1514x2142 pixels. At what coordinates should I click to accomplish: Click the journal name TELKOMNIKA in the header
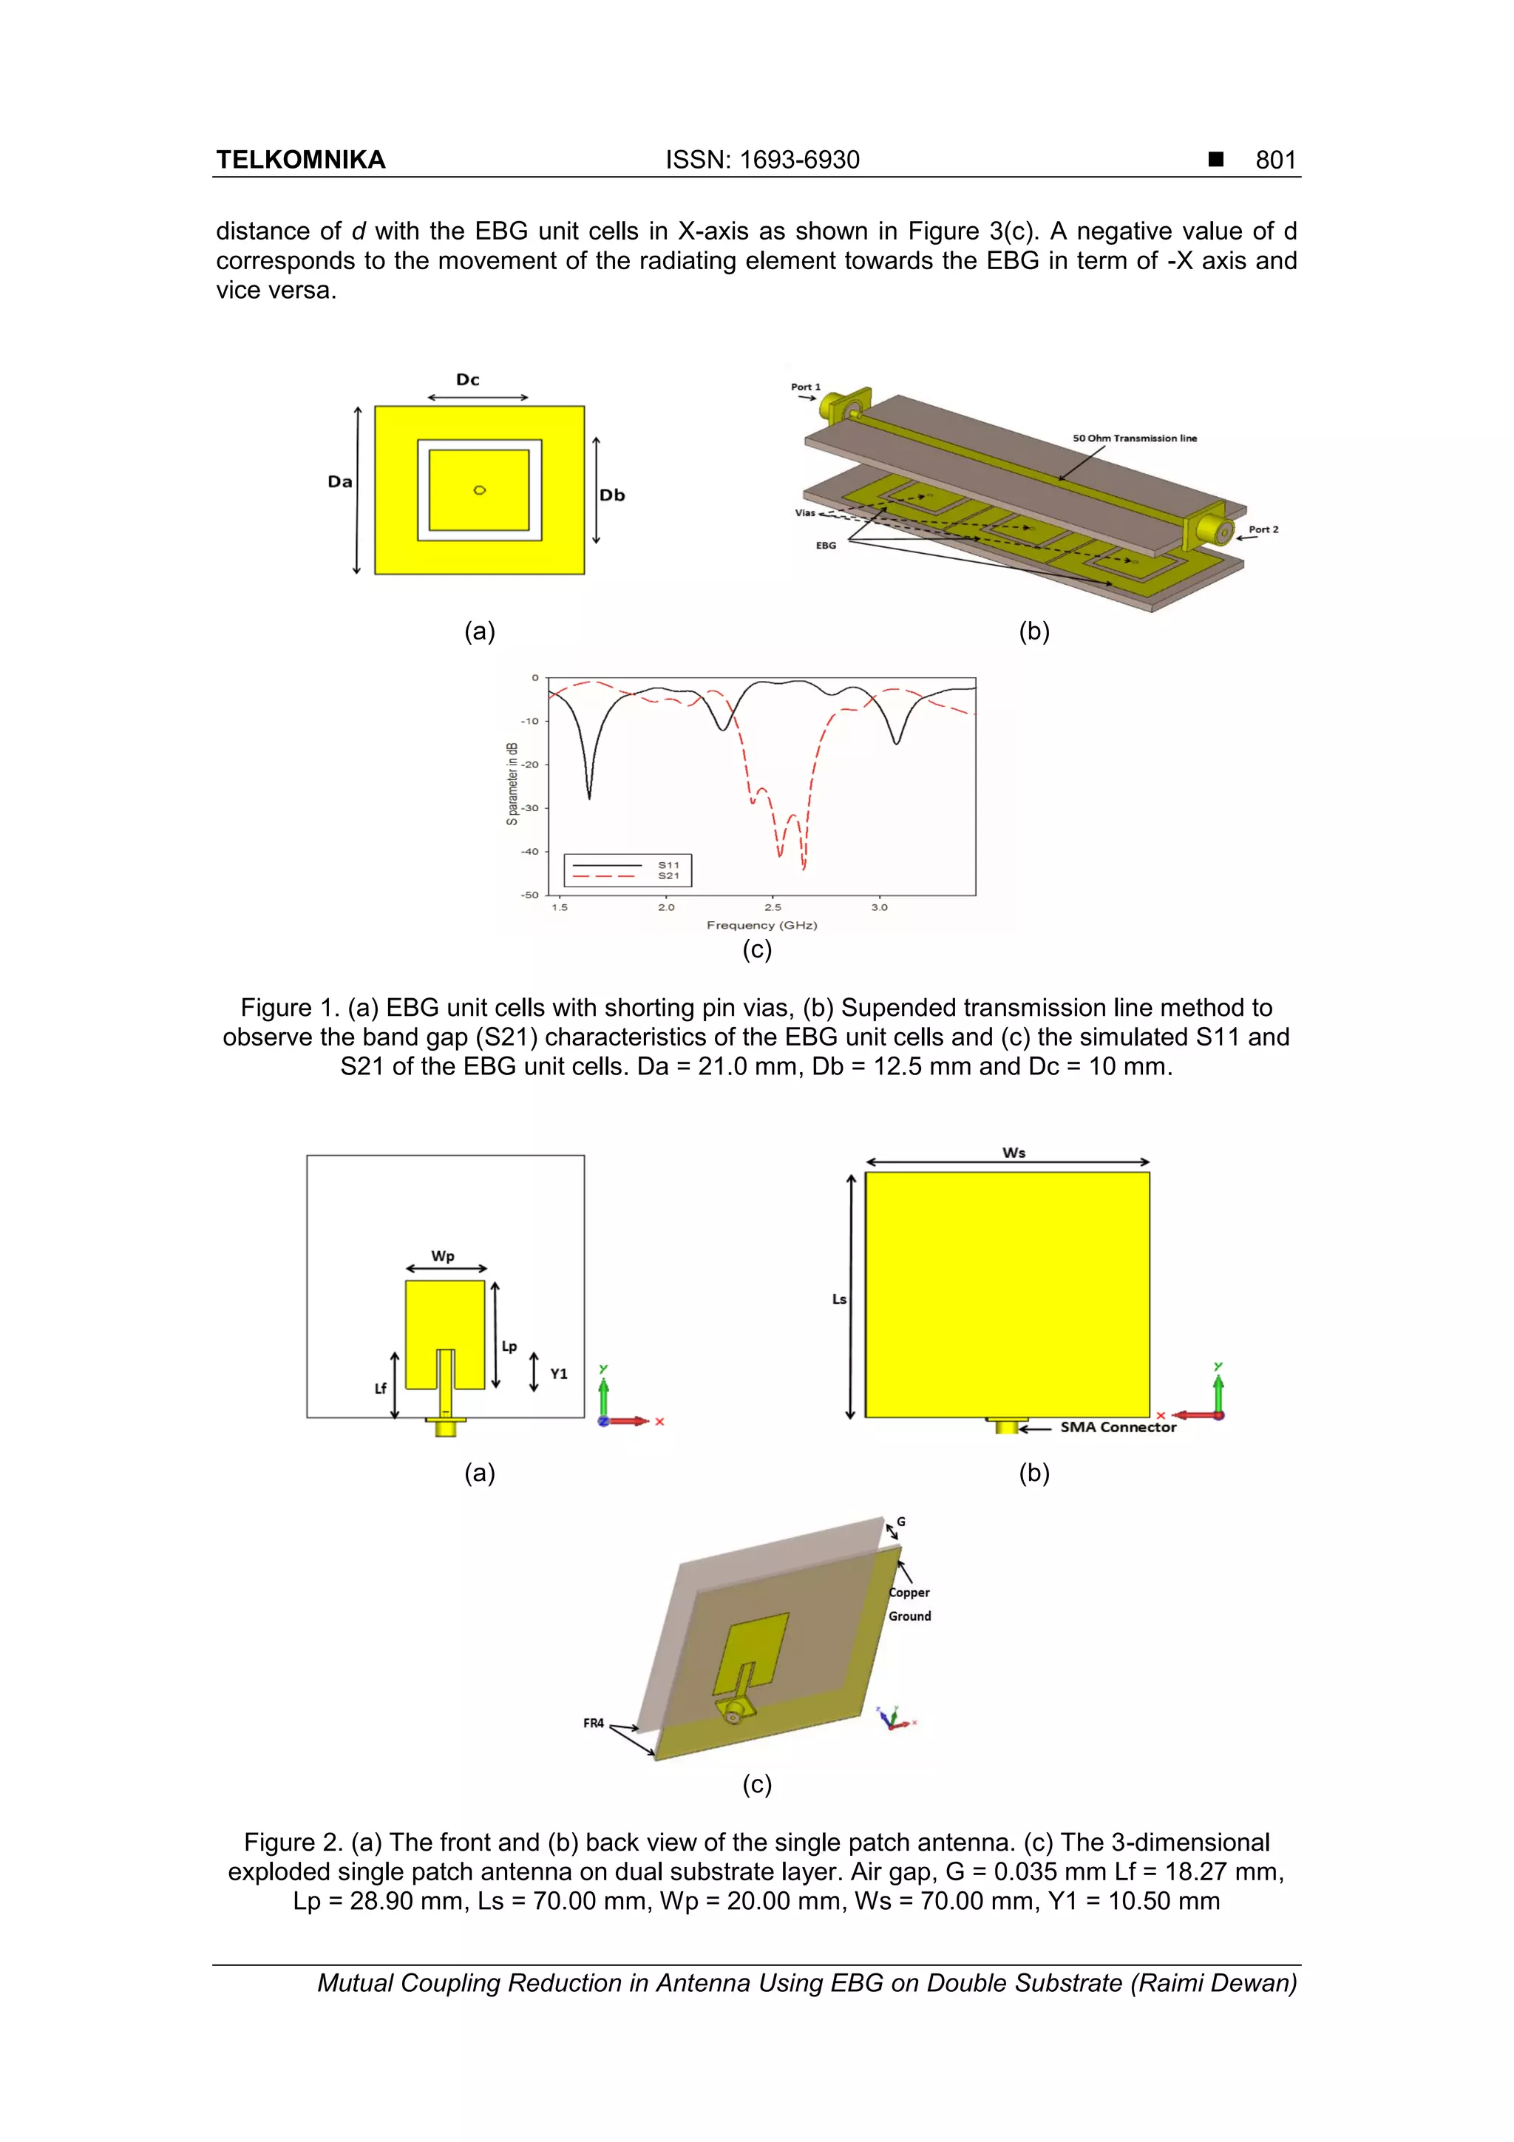[300, 160]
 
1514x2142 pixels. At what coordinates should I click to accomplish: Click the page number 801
[1275, 160]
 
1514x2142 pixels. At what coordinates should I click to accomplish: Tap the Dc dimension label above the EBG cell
[467, 380]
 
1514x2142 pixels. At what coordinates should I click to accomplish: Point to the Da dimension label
[339, 481]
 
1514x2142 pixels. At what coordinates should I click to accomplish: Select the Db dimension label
[612, 495]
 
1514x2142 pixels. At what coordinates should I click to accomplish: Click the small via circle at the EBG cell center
[480, 489]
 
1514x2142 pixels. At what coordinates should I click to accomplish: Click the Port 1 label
[805, 386]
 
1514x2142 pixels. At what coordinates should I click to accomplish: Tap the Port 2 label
[1263, 529]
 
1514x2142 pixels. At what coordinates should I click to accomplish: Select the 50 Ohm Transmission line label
[1134, 438]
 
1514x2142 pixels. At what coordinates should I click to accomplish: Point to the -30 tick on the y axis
[530, 808]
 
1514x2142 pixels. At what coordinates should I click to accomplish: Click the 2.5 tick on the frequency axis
[773, 906]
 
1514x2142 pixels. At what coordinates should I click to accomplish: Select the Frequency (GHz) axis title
[761, 926]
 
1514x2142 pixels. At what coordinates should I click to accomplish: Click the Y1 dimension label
[559, 1373]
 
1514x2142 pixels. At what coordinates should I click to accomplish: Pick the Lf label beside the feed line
[381, 1388]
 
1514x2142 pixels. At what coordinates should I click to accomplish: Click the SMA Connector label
[1118, 1426]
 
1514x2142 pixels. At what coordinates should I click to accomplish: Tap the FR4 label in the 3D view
[594, 1723]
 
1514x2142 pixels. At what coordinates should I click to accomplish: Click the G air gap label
[901, 1522]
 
